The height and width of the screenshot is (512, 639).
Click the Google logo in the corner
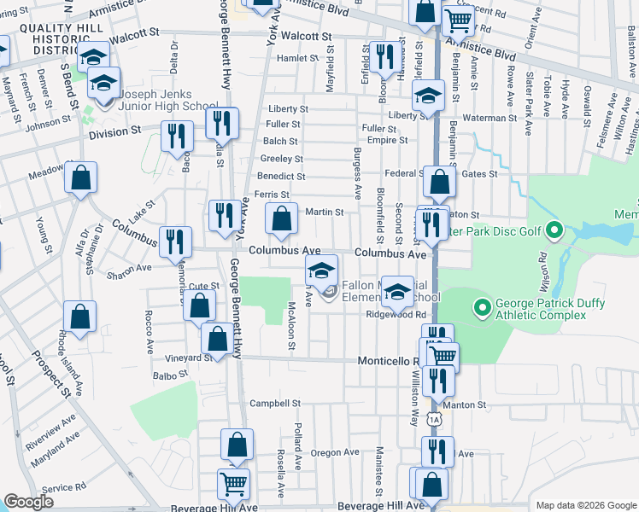click(28, 502)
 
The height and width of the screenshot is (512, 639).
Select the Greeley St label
click(282, 160)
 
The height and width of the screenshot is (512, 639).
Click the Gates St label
click(479, 174)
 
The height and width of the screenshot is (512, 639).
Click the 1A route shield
click(435, 419)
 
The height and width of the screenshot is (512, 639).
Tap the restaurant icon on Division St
click(177, 136)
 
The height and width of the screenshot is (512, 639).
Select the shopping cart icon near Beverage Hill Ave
click(233, 483)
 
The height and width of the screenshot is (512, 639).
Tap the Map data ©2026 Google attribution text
click(585, 505)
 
